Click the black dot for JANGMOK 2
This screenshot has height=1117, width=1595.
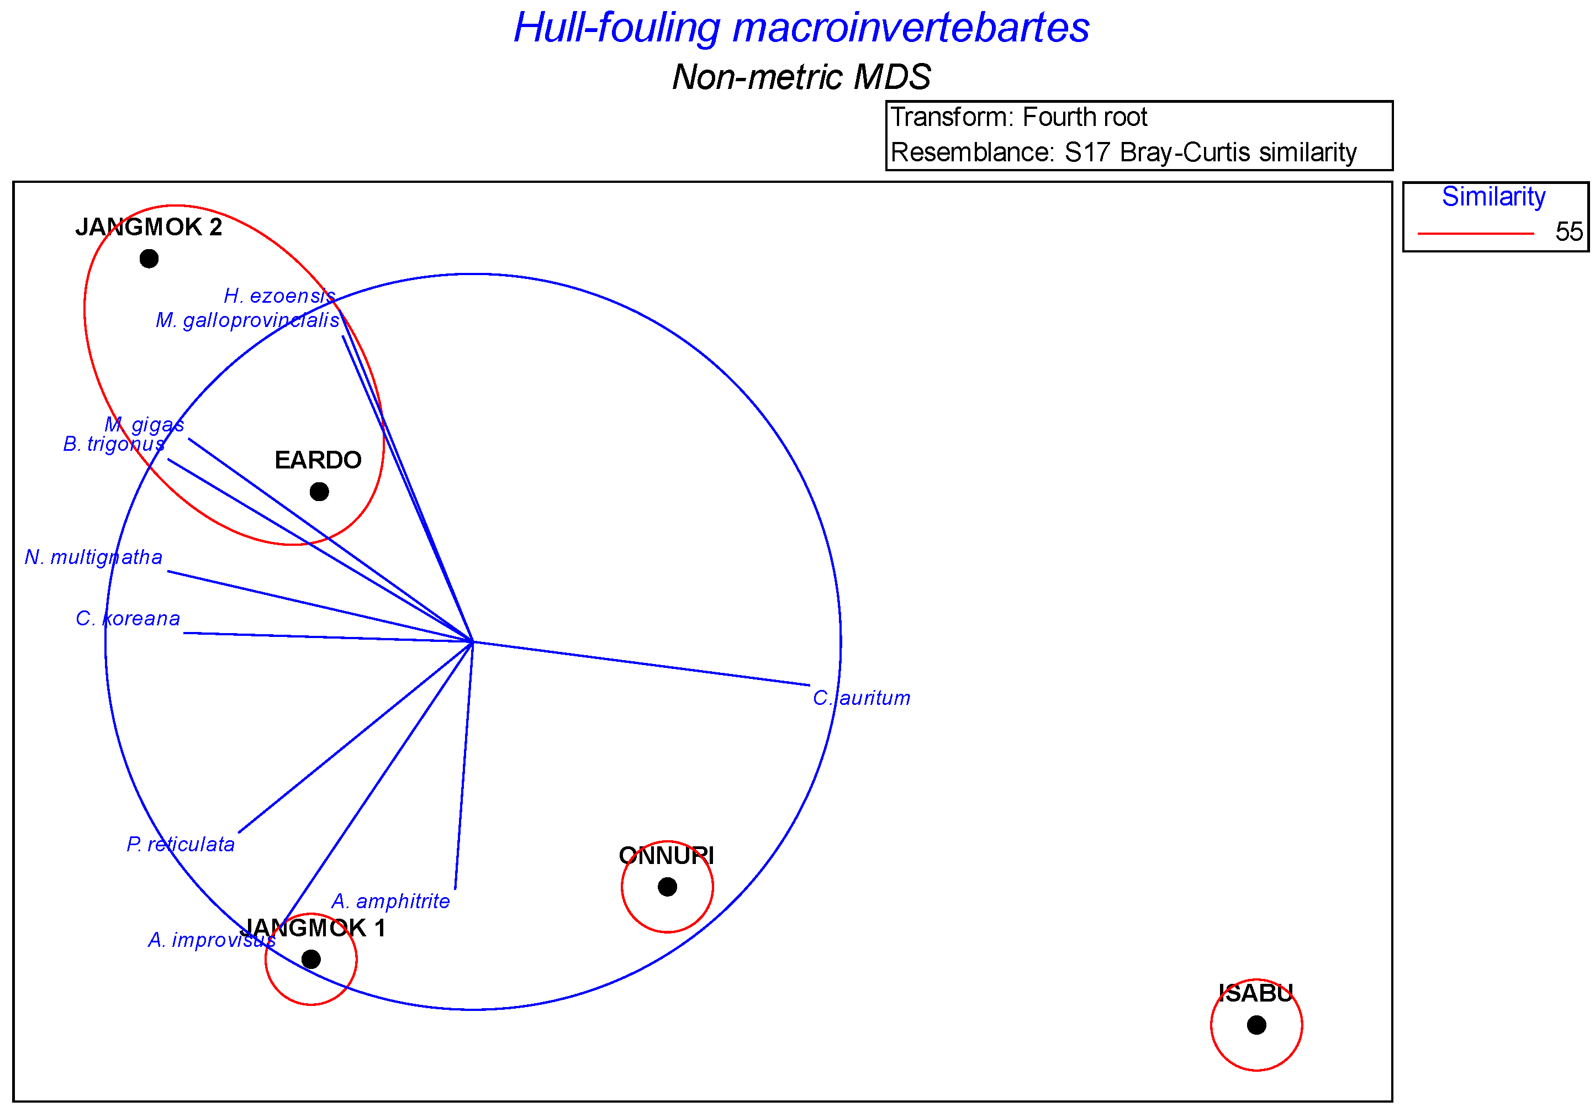pos(149,259)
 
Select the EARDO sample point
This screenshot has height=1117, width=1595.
pos(319,492)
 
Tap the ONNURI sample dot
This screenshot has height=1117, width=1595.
pos(667,887)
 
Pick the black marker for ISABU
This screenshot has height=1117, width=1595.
pos(1256,1025)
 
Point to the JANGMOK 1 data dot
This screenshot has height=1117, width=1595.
pos(310,960)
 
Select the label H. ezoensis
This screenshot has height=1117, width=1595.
pos(279,296)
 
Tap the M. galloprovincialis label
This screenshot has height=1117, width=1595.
pos(247,320)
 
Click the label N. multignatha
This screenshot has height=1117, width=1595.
pos(93,557)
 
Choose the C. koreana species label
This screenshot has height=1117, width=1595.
pos(128,618)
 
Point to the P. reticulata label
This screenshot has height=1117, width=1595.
pos(181,844)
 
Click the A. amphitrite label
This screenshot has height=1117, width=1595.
pos(390,901)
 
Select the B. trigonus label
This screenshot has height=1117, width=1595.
pos(114,444)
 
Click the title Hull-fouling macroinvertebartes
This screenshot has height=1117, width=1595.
pos(801,28)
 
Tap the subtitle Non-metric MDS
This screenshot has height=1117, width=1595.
pos(801,76)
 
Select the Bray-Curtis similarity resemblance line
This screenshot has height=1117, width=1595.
pos(1123,152)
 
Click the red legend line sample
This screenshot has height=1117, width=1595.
pos(1475,234)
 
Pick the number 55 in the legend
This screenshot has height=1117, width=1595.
pos(1568,232)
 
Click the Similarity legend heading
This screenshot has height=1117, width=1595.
pos(1493,197)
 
